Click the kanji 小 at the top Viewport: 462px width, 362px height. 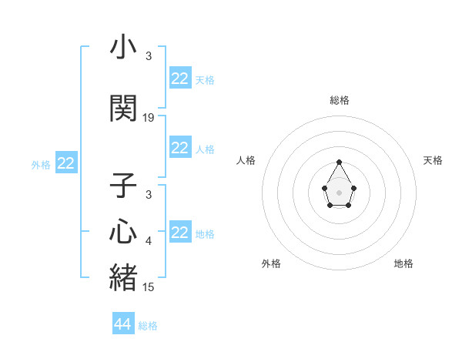[123, 48]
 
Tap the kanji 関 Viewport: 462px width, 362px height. [123, 109]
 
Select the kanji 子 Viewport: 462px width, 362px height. [123, 186]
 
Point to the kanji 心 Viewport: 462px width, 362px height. [123, 232]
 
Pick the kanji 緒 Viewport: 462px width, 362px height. [123, 278]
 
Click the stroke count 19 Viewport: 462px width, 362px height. [149, 118]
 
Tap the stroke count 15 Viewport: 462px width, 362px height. [149, 287]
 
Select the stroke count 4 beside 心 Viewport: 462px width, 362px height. [149, 241]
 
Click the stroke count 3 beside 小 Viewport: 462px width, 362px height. [149, 56]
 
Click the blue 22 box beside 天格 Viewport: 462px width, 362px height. [179, 79]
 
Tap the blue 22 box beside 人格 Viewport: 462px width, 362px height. [179, 148]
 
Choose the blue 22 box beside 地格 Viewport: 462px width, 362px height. [179, 233]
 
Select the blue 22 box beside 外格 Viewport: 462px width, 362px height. [66, 163]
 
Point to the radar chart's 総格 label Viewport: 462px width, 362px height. [340, 100]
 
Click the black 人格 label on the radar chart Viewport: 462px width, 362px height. [246, 160]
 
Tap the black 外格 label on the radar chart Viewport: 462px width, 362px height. [271, 263]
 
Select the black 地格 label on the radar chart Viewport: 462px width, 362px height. [403, 263]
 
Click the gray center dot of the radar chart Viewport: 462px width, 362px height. [340, 191]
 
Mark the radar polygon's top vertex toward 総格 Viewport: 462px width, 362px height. [340, 162]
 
